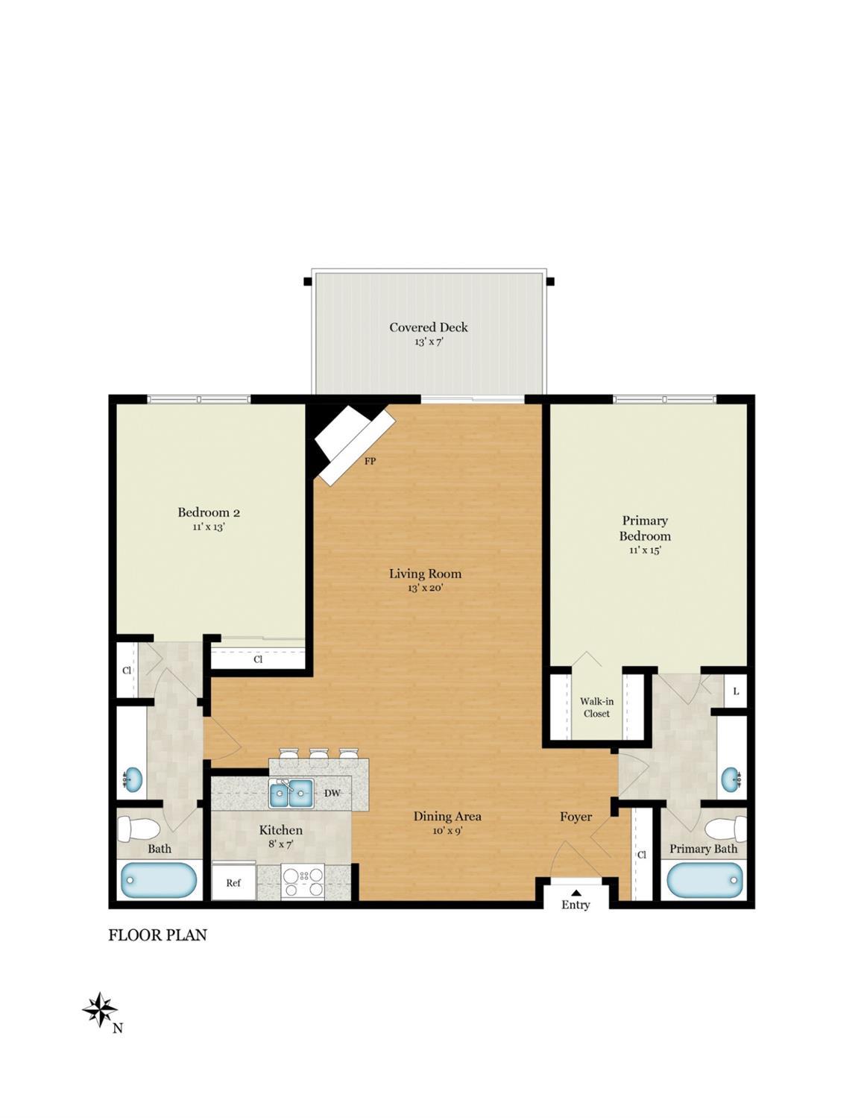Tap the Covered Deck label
click(x=429, y=327)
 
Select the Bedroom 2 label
click(x=209, y=512)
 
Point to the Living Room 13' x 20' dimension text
click(x=425, y=588)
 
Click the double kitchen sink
click(x=291, y=793)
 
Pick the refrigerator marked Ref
click(x=233, y=882)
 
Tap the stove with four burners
click(x=303, y=881)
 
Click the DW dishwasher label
click(x=332, y=793)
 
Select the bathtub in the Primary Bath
click(x=704, y=880)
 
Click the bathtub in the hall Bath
click(x=159, y=880)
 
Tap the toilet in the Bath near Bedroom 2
click(x=140, y=829)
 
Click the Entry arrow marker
click(x=576, y=891)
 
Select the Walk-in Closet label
click(x=596, y=707)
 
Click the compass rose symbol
click(x=99, y=1011)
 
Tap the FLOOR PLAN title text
click(x=157, y=935)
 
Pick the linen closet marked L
click(x=736, y=691)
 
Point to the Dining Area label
click(x=447, y=816)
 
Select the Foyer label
click(x=576, y=817)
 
